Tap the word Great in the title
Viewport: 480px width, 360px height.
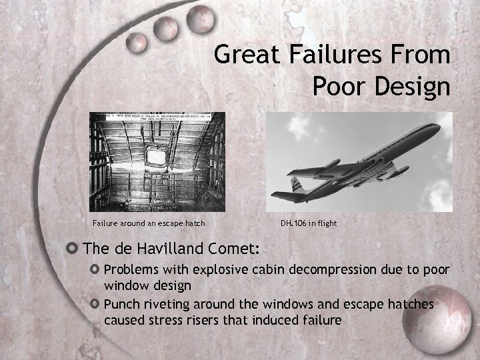(x=249, y=55)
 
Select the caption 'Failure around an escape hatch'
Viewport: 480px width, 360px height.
(x=149, y=223)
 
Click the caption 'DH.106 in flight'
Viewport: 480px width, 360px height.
(x=309, y=223)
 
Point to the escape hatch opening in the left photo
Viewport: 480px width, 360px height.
(x=156, y=157)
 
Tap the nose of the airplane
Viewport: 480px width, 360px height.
(x=437, y=126)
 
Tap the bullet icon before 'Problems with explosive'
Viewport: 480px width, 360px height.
(x=95, y=270)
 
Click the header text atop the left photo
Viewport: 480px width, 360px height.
(x=157, y=117)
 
